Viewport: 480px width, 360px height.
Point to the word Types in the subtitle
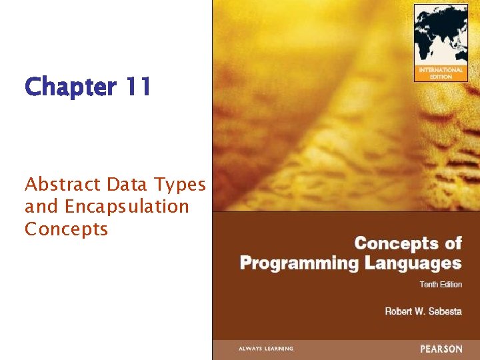(x=179, y=185)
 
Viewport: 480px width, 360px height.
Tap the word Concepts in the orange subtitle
(x=66, y=229)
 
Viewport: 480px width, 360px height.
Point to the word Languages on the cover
(x=413, y=263)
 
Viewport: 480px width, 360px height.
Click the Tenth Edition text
(x=440, y=285)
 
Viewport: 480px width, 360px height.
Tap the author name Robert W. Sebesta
(x=423, y=311)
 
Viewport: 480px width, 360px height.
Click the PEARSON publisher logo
(x=441, y=349)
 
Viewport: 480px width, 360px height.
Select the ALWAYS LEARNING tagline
(x=266, y=349)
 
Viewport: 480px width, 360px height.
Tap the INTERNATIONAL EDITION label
(x=441, y=73)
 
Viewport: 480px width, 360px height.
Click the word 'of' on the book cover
(x=453, y=243)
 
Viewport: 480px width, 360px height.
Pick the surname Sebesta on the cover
(x=445, y=311)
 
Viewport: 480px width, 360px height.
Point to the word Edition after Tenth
(x=451, y=285)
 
